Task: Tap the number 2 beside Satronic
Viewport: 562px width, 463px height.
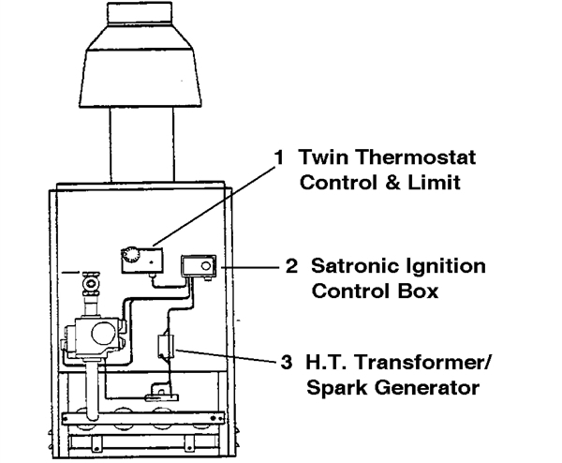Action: pos(291,266)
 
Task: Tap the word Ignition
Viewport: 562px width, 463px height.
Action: pos(443,267)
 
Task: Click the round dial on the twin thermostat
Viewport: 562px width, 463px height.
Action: pos(129,256)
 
